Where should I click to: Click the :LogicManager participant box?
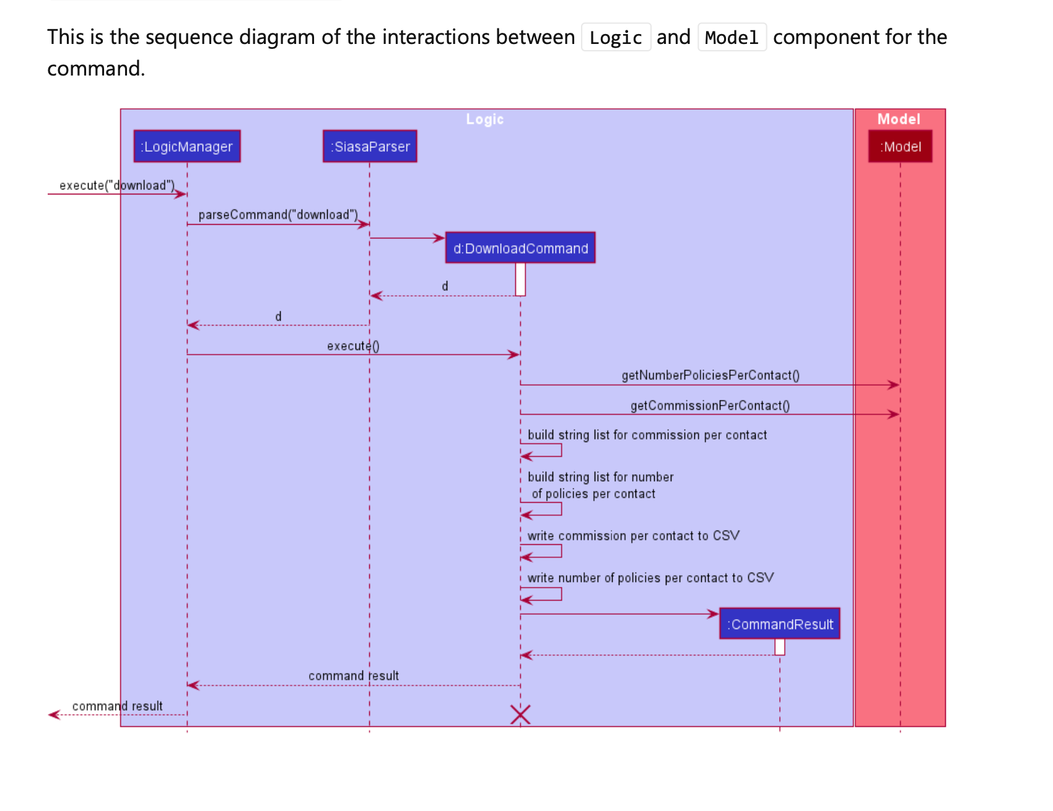tap(187, 147)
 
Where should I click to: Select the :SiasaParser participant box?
tap(370, 147)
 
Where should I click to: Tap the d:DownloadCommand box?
tap(520, 248)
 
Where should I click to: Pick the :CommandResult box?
tap(779, 624)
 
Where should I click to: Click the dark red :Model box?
tap(900, 147)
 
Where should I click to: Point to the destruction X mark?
tap(520, 714)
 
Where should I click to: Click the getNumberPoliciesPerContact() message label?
tap(710, 375)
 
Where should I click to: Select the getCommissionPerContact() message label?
tap(710, 405)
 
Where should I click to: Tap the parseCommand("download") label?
tap(278, 215)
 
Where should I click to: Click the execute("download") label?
tap(117, 185)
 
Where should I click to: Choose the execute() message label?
tap(353, 346)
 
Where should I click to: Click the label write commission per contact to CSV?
tap(633, 536)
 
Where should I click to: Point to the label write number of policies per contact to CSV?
tap(650, 578)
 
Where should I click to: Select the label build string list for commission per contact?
tap(647, 435)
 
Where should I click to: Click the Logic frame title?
tap(485, 119)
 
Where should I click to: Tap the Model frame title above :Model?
tap(899, 119)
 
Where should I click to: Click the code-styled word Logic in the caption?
tap(616, 38)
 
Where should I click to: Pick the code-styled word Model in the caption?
tap(732, 38)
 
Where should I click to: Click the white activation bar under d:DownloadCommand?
tap(520, 279)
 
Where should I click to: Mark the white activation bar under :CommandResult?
tap(780, 647)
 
